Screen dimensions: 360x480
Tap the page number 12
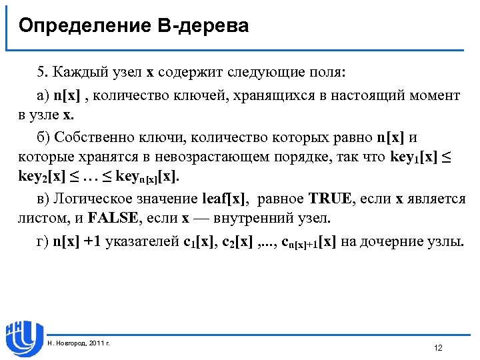(x=438, y=349)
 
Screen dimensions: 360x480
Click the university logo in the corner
(x=24, y=337)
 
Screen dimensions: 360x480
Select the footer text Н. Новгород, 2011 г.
(x=79, y=343)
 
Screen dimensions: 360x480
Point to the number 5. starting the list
(x=43, y=71)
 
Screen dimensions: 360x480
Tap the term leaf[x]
(x=226, y=198)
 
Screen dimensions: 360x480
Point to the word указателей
(x=141, y=241)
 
